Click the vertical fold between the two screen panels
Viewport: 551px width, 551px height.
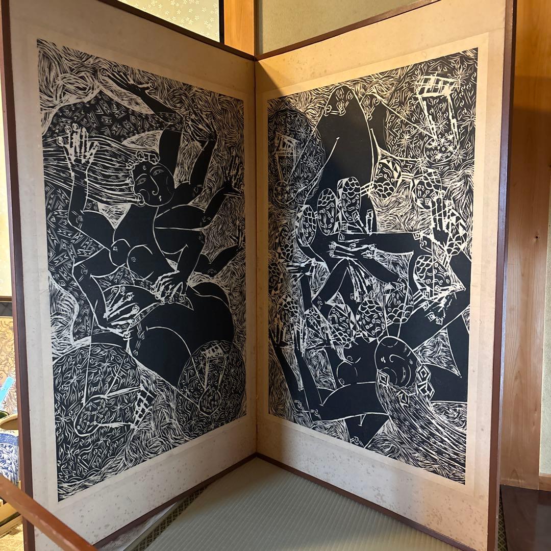pos(255,255)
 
